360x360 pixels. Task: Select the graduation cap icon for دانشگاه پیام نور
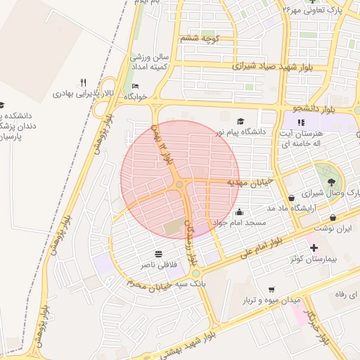(241, 121)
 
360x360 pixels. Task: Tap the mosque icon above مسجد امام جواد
(239, 212)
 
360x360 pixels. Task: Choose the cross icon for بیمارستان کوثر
(314, 247)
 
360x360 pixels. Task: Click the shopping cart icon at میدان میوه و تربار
(271, 289)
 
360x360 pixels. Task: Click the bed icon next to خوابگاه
(135, 86)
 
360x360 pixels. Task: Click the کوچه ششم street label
(200, 37)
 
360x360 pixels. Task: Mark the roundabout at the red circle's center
(180, 184)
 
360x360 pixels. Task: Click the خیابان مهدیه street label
(244, 182)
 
